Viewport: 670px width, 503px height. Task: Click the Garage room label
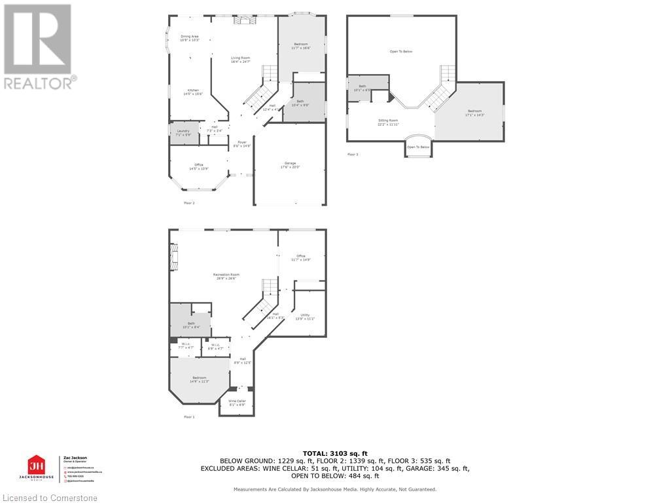pos(290,164)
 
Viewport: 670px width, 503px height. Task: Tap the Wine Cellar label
pos(237,402)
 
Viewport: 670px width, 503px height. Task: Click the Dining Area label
pos(190,38)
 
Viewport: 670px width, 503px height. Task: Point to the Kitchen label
pos(193,92)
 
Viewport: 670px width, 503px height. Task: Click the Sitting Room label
pos(389,122)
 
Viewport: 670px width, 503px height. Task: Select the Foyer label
pos(242,143)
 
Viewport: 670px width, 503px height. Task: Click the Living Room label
pos(241,60)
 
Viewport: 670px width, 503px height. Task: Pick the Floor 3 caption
pos(353,155)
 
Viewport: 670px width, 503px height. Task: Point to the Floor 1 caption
pos(189,417)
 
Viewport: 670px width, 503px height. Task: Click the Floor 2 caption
pos(189,203)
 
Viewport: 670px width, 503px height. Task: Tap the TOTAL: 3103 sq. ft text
pos(335,453)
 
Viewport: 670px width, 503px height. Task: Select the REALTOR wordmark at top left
pos(40,83)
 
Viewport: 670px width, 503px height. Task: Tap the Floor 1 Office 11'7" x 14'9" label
pos(301,257)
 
